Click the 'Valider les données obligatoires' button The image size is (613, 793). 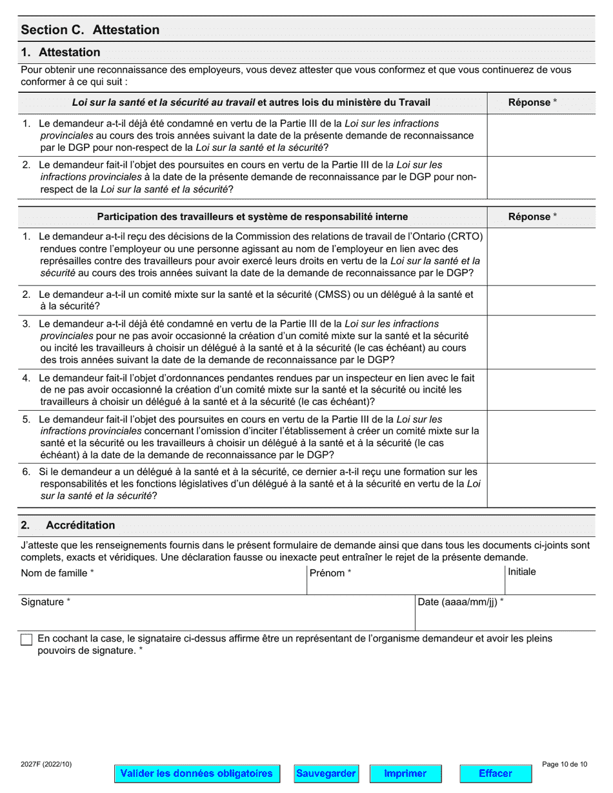(x=197, y=773)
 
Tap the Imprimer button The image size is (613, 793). (x=405, y=773)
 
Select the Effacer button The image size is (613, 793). (x=496, y=773)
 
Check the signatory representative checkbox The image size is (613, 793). (x=26, y=640)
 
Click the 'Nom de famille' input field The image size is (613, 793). (x=163, y=585)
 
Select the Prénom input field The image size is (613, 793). (x=405, y=585)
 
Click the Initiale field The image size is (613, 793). (x=549, y=585)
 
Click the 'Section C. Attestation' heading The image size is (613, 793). (x=90, y=30)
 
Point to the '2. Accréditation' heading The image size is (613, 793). (x=80, y=525)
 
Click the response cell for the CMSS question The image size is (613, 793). (x=541, y=300)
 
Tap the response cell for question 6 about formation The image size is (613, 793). (x=541, y=484)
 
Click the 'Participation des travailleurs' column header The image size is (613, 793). (x=252, y=217)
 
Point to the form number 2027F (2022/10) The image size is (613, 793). (x=46, y=765)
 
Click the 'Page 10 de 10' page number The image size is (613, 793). (x=565, y=765)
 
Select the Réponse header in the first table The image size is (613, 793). (x=532, y=102)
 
